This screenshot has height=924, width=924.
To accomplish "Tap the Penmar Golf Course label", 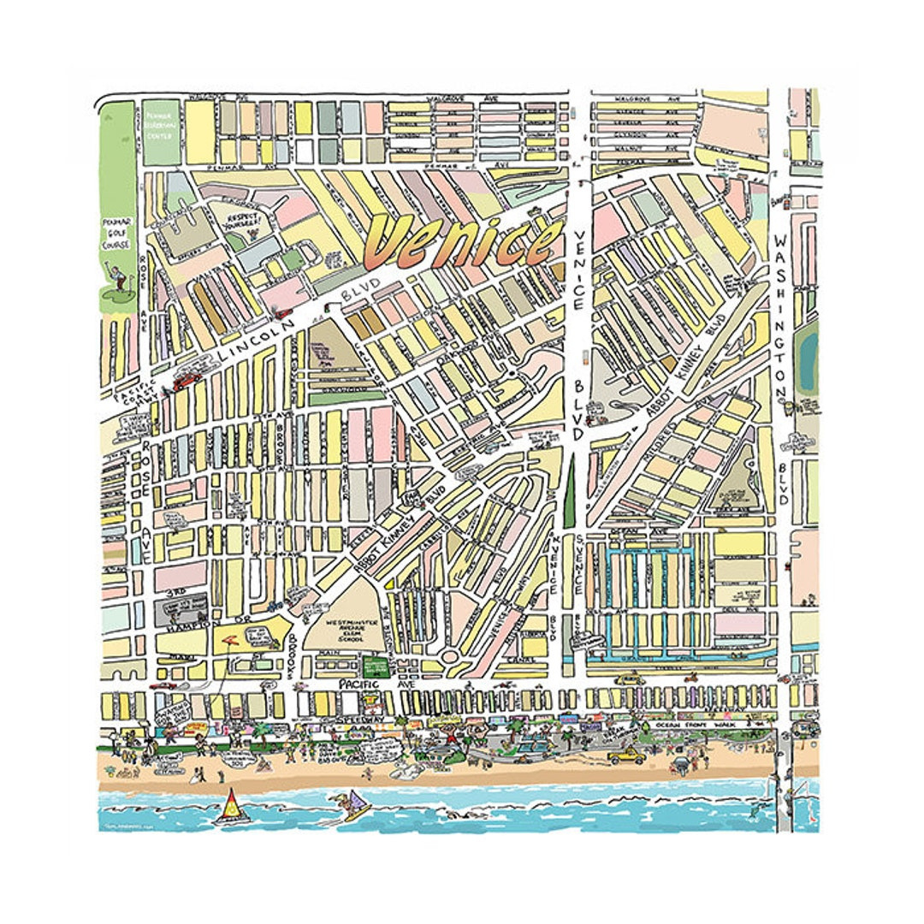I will coord(116,233).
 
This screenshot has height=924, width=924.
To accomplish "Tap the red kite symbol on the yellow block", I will coord(231,637).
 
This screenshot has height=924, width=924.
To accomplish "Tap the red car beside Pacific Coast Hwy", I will coord(186,379).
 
